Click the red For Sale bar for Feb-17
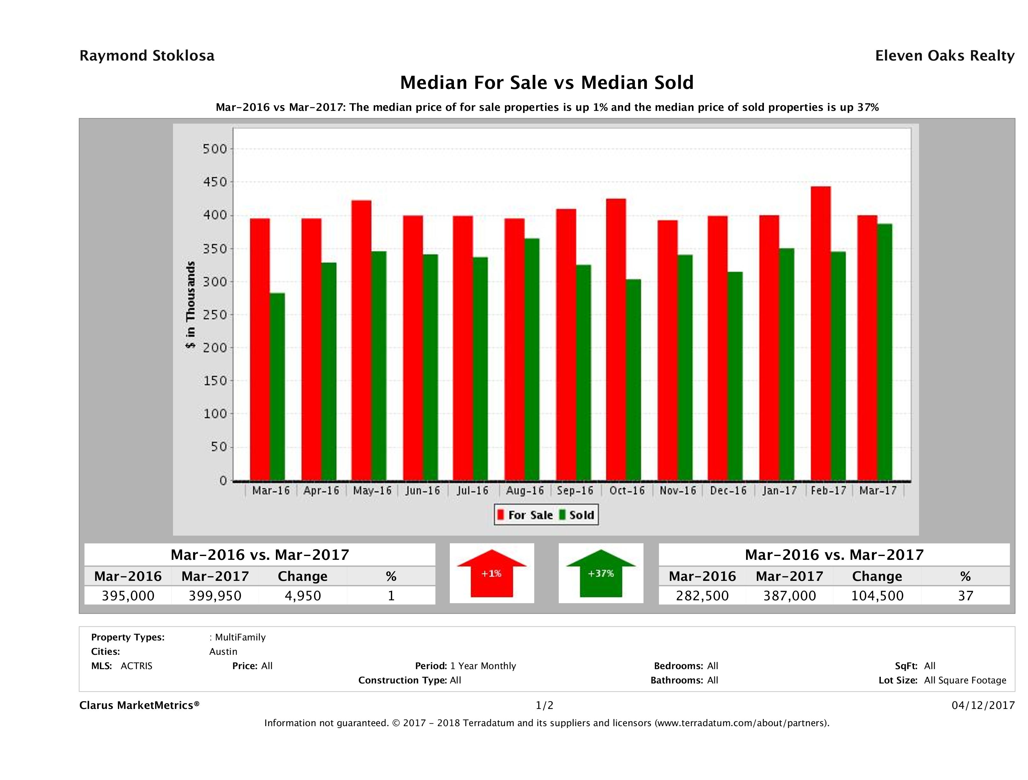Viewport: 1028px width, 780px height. coord(820,333)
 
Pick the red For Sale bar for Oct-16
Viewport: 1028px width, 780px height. coord(616,339)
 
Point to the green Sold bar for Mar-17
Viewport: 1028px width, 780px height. coord(884,352)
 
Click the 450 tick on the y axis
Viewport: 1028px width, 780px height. coord(215,182)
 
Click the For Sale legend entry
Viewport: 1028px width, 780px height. coord(525,515)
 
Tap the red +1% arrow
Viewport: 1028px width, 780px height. coord(492,574)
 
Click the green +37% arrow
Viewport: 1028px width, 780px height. coord(601,574)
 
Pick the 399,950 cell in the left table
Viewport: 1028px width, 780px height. coord(215,596)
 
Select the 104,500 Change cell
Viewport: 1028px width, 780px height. coord(877,596)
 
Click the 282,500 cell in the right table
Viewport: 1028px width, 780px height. coord(702,596)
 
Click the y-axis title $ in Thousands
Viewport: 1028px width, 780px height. coord(191,305)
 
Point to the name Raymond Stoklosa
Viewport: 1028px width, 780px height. coord(147,56)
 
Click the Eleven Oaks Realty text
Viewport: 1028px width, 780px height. coord(944,56)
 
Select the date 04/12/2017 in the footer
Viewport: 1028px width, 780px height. coord(983,705)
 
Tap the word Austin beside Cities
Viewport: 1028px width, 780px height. coord(223,652)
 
